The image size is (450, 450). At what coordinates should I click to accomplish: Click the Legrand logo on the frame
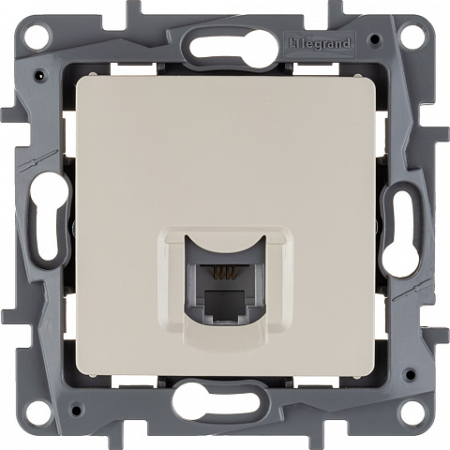[320, 44]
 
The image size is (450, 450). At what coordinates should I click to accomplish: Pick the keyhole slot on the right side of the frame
[401, 233]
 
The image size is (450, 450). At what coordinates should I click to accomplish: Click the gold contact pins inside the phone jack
[224, 272]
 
